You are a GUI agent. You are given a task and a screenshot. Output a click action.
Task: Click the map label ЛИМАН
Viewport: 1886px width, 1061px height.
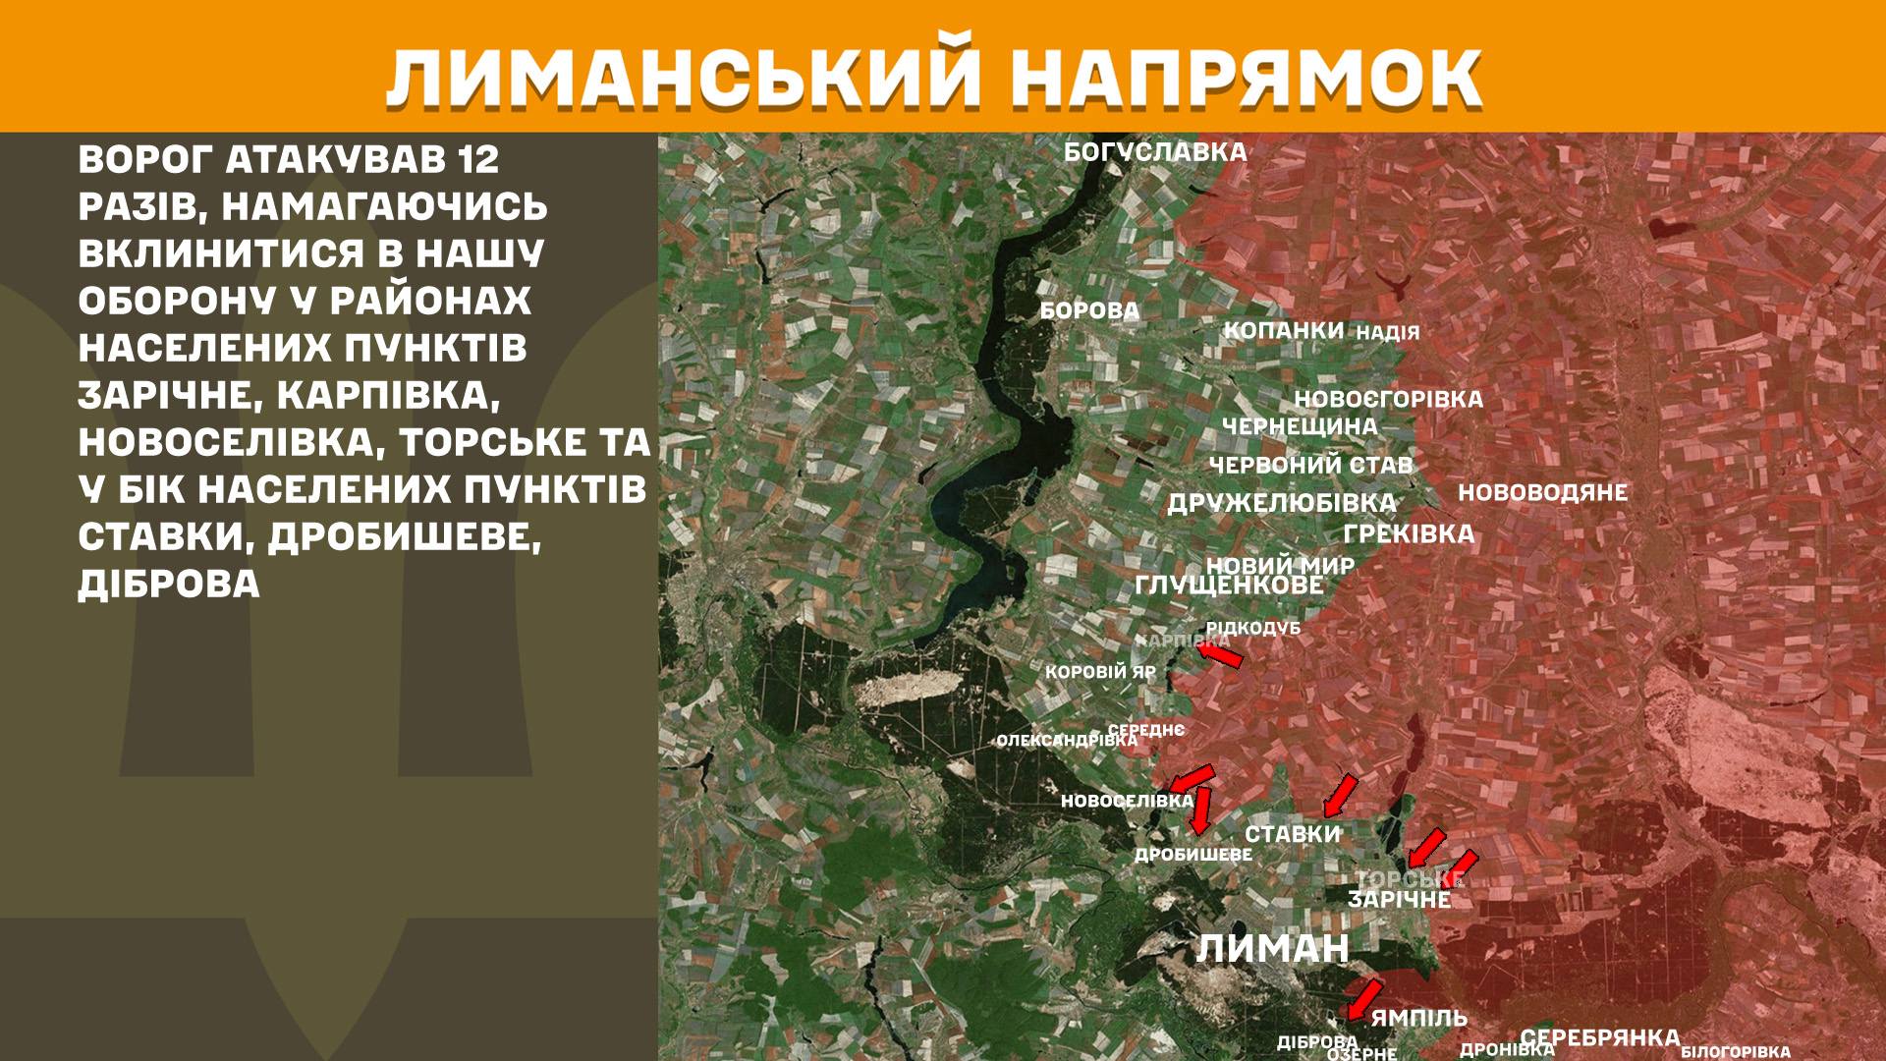coord(1273,949)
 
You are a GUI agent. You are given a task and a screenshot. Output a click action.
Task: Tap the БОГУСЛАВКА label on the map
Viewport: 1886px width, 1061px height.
coord(1155,152)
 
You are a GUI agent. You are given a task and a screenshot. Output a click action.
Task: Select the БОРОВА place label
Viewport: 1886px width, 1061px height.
coord(1089,311)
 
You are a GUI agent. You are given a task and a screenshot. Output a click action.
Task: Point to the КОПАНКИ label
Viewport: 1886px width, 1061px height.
coord(1283,330)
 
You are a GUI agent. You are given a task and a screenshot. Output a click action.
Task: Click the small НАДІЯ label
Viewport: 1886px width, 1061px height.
coord(1387,332)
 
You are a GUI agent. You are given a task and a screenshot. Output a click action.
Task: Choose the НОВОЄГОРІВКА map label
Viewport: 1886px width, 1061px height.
coord(1388,400)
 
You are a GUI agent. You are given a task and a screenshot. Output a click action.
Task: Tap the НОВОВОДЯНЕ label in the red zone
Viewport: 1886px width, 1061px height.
coord(1542,492)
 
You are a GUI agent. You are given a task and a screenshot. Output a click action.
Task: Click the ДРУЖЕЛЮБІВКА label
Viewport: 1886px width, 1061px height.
coord(1281,503)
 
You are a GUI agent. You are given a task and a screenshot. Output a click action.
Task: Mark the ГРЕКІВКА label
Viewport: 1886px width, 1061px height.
coord(1409,533)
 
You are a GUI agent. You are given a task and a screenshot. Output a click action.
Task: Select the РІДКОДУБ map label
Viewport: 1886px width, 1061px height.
coord(1252,627)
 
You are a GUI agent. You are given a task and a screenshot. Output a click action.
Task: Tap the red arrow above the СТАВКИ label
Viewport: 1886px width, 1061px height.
coord(1340,796)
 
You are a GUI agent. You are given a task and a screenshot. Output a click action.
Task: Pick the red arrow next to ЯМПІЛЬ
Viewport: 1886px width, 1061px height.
coord(1363,999)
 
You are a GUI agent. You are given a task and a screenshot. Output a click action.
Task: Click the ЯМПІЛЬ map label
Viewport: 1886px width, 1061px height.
coord(1418,1018)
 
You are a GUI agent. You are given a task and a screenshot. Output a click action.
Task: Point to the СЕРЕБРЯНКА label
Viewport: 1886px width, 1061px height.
coord(1599,1037)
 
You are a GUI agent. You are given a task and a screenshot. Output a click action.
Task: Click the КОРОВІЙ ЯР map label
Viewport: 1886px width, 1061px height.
coord(1100,673)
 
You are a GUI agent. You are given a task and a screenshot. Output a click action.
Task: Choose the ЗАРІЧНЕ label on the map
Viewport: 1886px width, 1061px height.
coord(1399,899)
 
